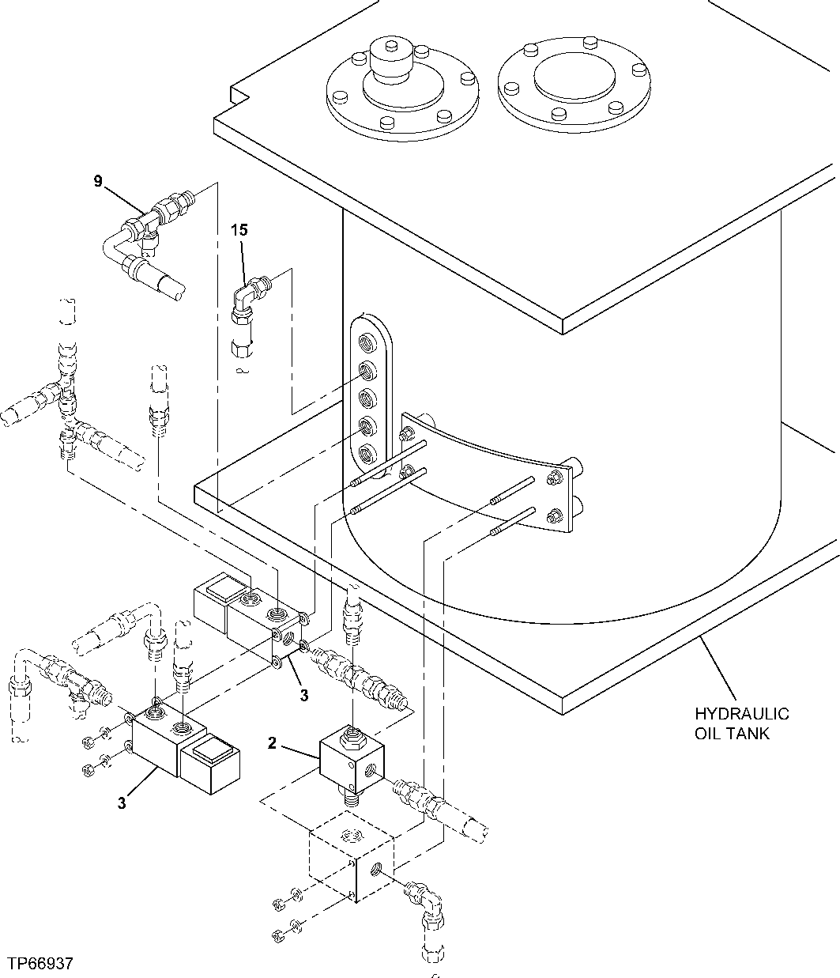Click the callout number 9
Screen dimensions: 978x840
98,181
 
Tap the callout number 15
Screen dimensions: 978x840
239,230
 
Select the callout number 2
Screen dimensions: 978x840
272,742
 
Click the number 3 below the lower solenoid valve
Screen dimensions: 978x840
122,802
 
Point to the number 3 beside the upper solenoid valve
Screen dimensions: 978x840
303,695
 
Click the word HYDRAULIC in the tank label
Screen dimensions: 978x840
741,715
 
